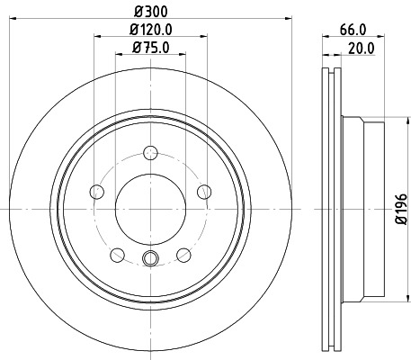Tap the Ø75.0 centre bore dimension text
pyautogui.click(x=149, y=48)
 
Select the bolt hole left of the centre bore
pyautogui.click(x=95, y=190)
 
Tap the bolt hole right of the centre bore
pyautogui.click(x=204, y=190)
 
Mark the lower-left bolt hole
pyautogui.click(x=116, y=254)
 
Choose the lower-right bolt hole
pyautogui.click(x=183, y=254)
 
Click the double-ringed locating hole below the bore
pyautogui.click(x=150, y=260)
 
